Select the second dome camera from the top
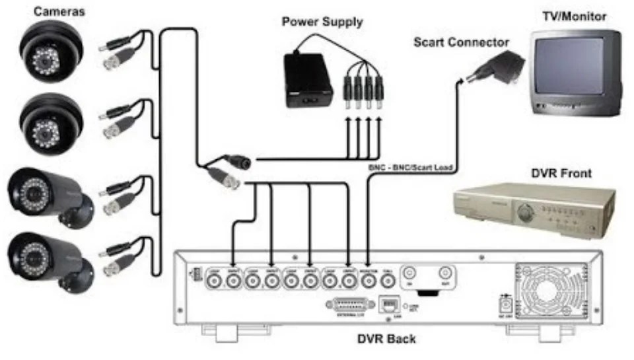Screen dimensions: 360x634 pos(49,123)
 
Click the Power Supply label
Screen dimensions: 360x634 pos(322,22)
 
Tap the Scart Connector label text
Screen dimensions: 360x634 pos(461,42)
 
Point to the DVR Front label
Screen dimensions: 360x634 pos(561,174)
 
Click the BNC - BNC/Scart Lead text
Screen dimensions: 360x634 pos(409,168)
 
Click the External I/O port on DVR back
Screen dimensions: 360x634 pos(346,305)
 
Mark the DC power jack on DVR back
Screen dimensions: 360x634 pos(506,306)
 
